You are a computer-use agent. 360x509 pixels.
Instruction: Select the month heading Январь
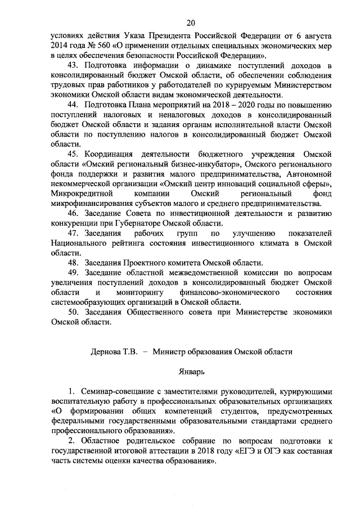coord(191,371)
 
